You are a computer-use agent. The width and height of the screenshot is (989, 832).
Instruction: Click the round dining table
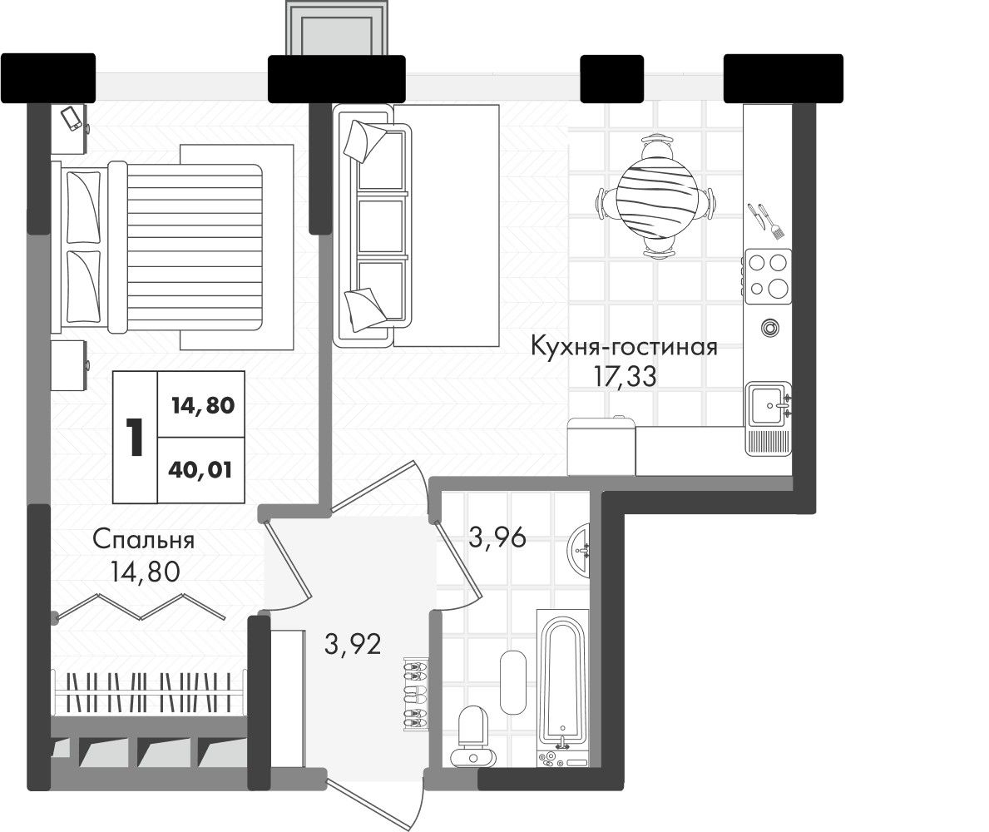coord(657,197)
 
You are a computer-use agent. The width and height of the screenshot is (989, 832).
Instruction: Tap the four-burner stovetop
coord(769,276)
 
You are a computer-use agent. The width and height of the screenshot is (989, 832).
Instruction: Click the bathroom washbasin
coord(580,550)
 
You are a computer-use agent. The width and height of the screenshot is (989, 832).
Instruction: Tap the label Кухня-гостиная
coord(624,347)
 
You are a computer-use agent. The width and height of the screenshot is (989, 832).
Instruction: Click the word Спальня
coord(144,540)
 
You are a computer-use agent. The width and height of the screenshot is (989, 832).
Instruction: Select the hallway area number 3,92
coord(353,644)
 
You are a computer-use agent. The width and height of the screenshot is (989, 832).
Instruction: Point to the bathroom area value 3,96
coord(497,537)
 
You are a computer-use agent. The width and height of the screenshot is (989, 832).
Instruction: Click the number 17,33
coord(625,377)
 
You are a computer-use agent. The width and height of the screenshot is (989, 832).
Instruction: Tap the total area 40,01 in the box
coord(200,470)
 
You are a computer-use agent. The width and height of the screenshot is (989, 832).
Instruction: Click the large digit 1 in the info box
coord(134,437)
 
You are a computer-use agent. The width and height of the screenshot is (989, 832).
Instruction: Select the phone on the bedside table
coord(72,118)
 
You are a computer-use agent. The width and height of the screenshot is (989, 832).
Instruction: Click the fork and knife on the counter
coord(766,220)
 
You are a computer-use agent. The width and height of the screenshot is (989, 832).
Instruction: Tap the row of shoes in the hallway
coord(416,694)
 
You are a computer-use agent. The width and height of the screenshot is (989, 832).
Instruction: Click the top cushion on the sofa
coord(365,140)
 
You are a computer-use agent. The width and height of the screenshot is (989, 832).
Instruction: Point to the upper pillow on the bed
coord(83,206)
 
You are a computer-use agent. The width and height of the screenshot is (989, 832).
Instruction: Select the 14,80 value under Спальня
coord(145,572)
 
